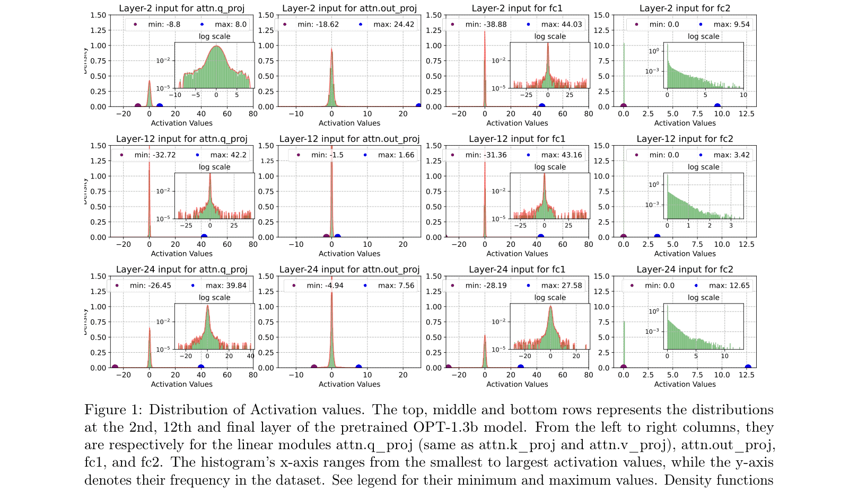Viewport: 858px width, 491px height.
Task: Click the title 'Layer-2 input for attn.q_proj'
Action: tap(181, 8)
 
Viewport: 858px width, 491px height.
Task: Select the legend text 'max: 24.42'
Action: tap(393, 24)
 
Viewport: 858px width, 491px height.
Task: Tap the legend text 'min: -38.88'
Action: tap(486, 24)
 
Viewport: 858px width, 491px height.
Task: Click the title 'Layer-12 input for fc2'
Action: tap(685, 139)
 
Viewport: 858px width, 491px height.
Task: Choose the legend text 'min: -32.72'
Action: tap(155, 155)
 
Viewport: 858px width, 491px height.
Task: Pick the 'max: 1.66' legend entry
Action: tap(396, 155)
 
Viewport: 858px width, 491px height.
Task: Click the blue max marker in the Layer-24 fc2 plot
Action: tap(748, 368)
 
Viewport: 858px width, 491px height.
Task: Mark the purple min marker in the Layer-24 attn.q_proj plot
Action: tap(115, 368)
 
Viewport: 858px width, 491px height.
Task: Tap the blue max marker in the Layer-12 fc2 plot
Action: tap(657, 237)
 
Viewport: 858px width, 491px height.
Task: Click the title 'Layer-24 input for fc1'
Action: tap(517, 270)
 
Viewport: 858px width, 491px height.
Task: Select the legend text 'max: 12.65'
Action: tap(729, 285)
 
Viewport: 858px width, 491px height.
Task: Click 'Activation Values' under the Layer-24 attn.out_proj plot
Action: tap(349, 385)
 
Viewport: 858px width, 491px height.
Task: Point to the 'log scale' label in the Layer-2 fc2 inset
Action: tap(703, 37)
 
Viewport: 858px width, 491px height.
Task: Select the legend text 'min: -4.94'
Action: tap(325, 285)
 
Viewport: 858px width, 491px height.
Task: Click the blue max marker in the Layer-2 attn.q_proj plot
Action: tap(159, 106)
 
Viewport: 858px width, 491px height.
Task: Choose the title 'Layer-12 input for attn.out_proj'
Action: tap(349, 139)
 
